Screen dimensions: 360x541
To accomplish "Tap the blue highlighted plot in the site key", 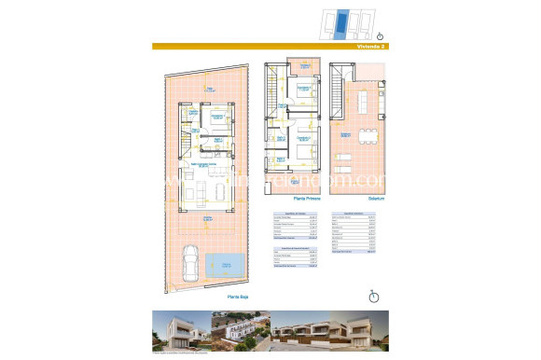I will [x=344, y=21].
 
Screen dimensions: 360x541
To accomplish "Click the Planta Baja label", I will [x=238, y=298].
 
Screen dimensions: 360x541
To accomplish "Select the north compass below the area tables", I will [x=373, y=297].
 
